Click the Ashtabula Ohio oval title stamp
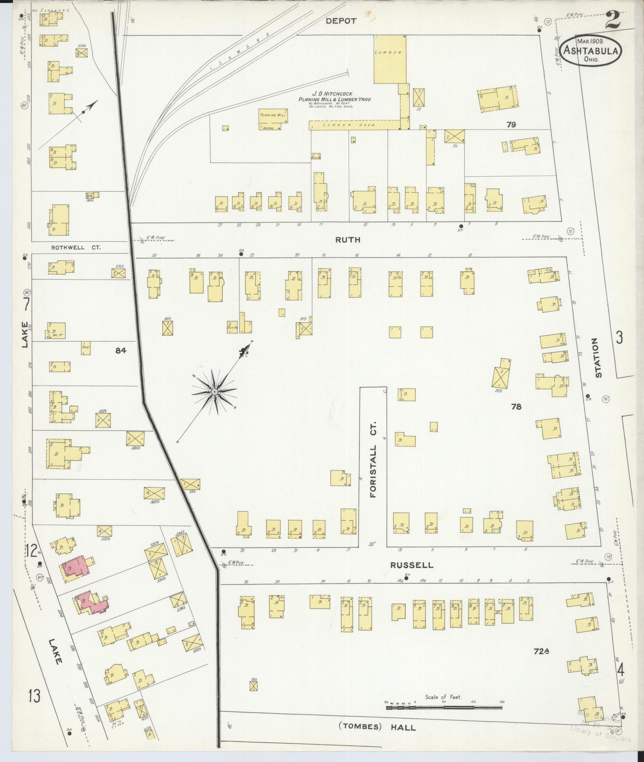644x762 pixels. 591,51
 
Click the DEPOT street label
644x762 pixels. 341,21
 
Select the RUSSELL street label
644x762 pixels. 411,565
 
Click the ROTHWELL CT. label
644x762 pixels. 76,248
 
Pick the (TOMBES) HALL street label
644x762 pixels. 377,727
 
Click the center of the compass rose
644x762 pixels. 214,392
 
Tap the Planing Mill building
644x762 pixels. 273,119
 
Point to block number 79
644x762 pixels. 511,125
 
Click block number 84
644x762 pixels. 121,350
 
